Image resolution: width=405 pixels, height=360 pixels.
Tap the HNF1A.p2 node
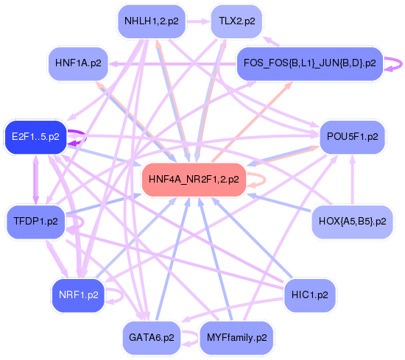click(x=78, y=63)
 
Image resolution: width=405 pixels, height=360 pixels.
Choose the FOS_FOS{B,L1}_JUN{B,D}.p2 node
click(x=309, y=63)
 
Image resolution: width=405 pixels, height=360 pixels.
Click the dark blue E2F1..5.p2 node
click(x=35, y=136)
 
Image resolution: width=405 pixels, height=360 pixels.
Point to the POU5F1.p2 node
click(x=352, y=136)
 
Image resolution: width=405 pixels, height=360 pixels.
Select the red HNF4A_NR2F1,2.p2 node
click(x=193, y=179)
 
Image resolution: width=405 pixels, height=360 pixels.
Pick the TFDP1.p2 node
click(x=35, y=220)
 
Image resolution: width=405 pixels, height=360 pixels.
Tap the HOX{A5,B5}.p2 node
click(x=352, y=220)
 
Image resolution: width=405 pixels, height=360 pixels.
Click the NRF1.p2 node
click(x=78, y=294)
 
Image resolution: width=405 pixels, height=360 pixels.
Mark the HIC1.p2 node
click(x=309, y=294)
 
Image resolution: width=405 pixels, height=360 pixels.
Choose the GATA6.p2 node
click(x=151, y=338)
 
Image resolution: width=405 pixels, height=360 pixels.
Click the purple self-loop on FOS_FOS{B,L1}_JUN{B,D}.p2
click(x=395, y=64)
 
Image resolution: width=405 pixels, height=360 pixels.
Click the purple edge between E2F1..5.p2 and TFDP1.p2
click(x=35, y=179)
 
